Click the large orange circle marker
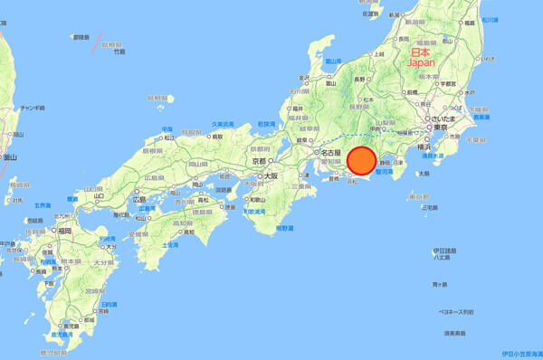pyautogui.click(x=361, y=160)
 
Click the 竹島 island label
pyautogui.click(x=118, y=52)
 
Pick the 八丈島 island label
pyautogui.click(x=441, y=257)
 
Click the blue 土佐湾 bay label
pyautogui.click(x=168, y=244)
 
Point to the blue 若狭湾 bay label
pyautogui.click(x=262, y=122)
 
